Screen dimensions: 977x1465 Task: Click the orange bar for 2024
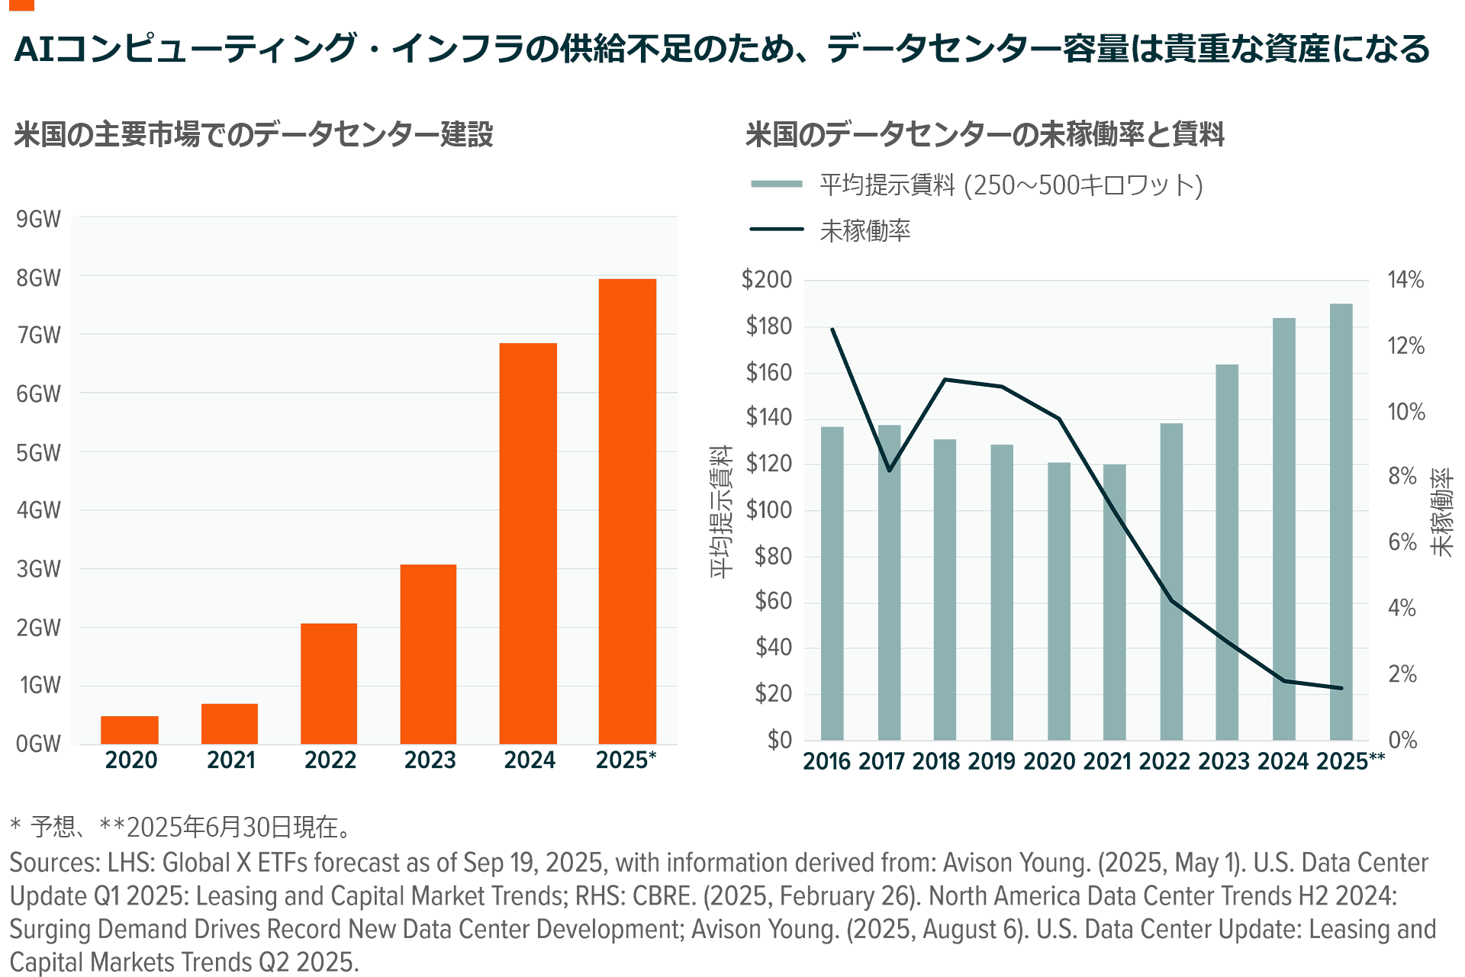[528, 543]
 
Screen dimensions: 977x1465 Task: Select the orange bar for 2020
[130, 730]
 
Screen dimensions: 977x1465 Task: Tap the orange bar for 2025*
[627, 511]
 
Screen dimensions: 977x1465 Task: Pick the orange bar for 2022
[329, 683]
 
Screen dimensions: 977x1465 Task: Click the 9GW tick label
[38, 220]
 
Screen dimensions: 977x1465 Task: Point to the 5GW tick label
[38, 453]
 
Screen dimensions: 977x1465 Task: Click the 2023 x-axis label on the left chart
[430, 760]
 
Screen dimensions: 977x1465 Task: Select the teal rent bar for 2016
[832, 583]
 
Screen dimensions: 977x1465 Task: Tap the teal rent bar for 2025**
[1341, 522]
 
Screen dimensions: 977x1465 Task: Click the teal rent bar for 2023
[1227, 552]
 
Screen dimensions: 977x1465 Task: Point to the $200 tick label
[767, 280]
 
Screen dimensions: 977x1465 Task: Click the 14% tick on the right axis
[1405, 280]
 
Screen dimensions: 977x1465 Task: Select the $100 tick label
[768, 509]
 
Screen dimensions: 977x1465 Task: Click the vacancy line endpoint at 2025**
[1341, 688]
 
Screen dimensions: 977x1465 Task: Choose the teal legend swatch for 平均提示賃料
[777, 184]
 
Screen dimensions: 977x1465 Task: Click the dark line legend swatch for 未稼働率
[777, 229]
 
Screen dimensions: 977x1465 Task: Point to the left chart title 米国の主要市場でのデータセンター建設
[253, 134]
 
